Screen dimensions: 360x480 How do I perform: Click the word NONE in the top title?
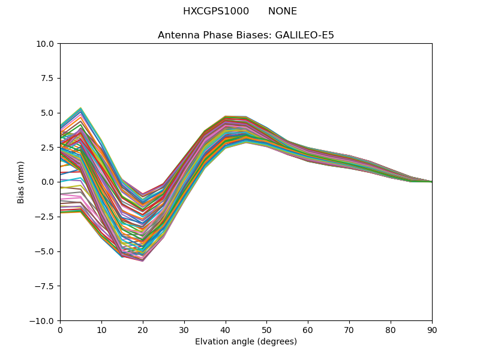283,11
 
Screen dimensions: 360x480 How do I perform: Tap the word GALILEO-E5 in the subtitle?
305,35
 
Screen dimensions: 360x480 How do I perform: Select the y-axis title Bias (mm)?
21,182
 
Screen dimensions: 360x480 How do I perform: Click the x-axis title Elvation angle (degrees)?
246,342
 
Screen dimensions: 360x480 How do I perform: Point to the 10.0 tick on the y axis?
46,43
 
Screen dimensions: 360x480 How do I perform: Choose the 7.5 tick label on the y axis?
48,78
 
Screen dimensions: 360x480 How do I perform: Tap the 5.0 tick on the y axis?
48,113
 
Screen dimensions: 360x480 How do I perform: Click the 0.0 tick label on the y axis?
48,182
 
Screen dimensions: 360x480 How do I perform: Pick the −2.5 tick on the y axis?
46,217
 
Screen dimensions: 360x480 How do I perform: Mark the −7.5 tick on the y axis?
46,286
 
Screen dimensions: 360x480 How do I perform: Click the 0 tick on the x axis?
60,329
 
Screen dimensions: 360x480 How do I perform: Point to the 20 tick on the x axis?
143,329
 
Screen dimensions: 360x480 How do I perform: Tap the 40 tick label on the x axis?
226,329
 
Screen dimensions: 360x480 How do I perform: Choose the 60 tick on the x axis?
308,329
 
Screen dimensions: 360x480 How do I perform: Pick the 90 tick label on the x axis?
432,329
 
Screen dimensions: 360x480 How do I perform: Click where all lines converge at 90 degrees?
431,182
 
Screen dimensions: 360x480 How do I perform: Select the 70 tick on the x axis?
349,329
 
